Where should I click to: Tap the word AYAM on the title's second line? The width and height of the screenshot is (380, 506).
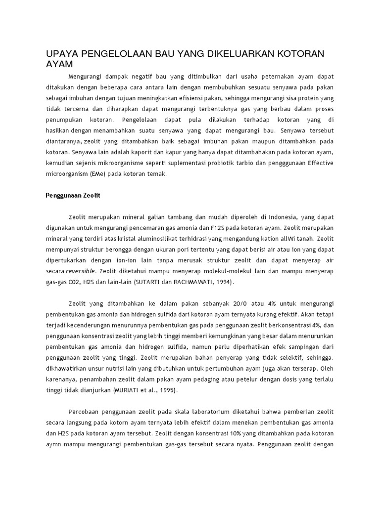(59, 64)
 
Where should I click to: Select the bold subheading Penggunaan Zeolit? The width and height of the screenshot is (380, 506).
(73, 196)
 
